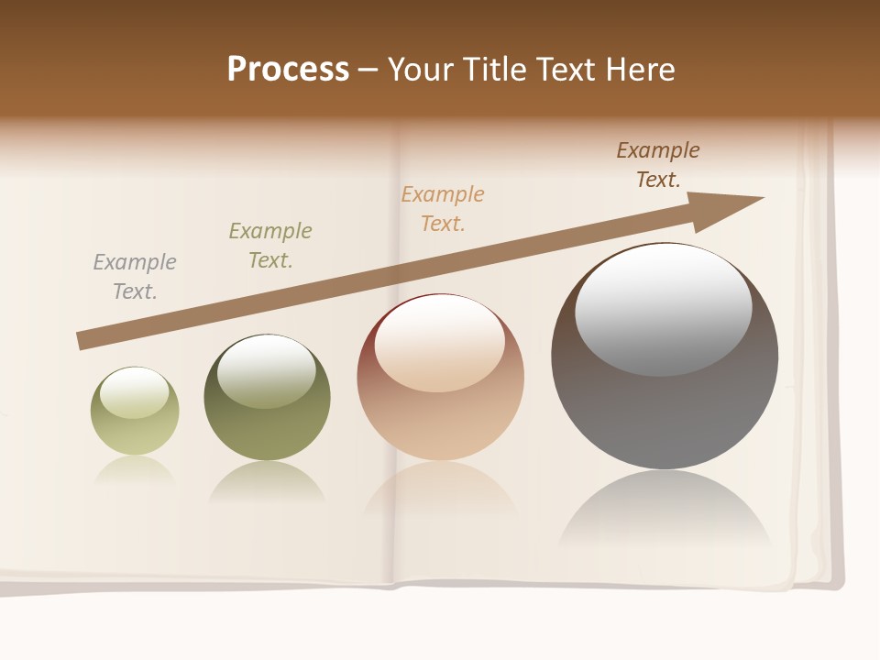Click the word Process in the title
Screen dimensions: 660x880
pyautogui.click(x=288, y=70)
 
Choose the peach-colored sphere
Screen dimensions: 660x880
pyautogui.click(x=440, y=412)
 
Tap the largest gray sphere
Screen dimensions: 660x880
pyautogui.click(x=665, y=412)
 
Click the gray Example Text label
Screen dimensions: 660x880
pyautogui.click(x=135, y=276)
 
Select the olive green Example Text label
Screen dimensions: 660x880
pyautogui.click(x=270, y=245)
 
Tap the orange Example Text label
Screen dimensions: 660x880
pyautogui.click(x=443, y=208)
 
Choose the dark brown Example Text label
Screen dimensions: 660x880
pyautogui.click(x=658, y=165)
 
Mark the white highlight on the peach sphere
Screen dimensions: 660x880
pyautogui.click(x=439, y=343)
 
